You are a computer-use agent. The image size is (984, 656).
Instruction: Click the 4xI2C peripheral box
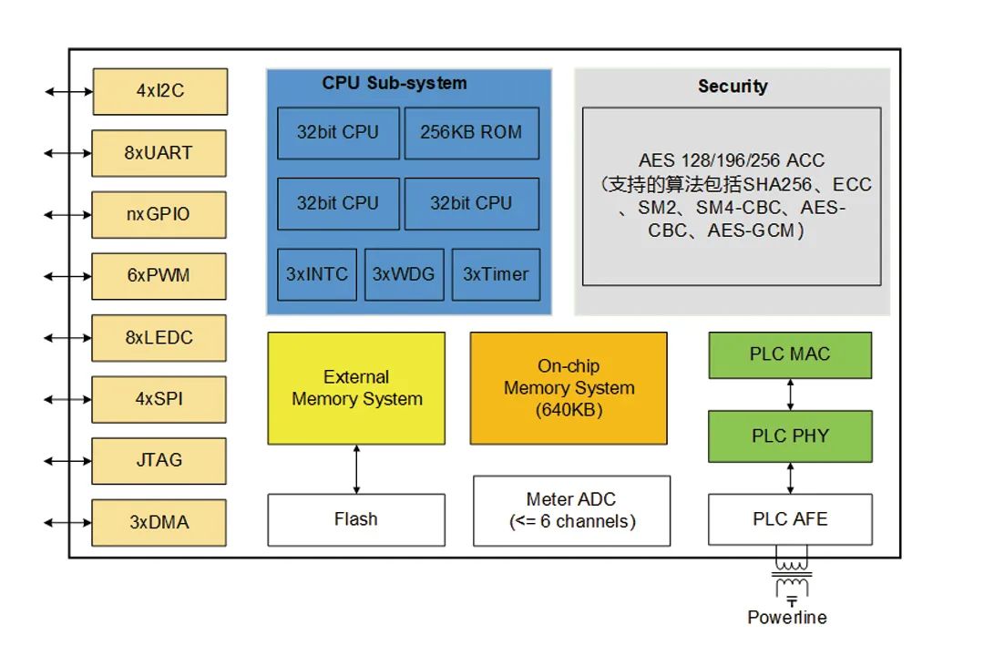click(159, 91)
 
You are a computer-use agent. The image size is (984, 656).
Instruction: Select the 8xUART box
click(159, 153)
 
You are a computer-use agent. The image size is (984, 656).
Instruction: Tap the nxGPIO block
click(159, 215)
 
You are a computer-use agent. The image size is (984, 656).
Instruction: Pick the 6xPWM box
click(159, 275)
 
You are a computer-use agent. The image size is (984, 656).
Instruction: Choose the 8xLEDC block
click(159, 337)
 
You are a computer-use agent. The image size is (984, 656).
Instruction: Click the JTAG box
click(159, 460)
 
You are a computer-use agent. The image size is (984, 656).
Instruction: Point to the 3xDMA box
click(159, 522)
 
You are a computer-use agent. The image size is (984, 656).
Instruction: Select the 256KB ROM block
click(471, 133)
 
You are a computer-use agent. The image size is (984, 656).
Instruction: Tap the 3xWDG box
click(404, 274)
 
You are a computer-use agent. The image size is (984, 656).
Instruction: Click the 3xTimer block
click(496, 274)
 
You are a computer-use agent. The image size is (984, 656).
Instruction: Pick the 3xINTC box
click(317, 274)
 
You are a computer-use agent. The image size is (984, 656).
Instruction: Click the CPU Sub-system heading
click(394, 84)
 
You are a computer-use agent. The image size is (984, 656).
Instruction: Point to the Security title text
click(733, 87)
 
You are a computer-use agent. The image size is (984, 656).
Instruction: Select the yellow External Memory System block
click(356, 388)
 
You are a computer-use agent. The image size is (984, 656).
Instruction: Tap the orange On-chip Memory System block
click(569, 388)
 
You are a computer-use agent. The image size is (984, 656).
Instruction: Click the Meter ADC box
click(571, 510)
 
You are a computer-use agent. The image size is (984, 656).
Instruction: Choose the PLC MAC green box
click(790, 354)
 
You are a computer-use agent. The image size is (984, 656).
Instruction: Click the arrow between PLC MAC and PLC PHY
click(790, 394)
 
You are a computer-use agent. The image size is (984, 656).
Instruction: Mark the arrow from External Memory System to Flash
click(356, 469)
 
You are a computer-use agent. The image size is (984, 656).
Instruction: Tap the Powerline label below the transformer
click(787, 618)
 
